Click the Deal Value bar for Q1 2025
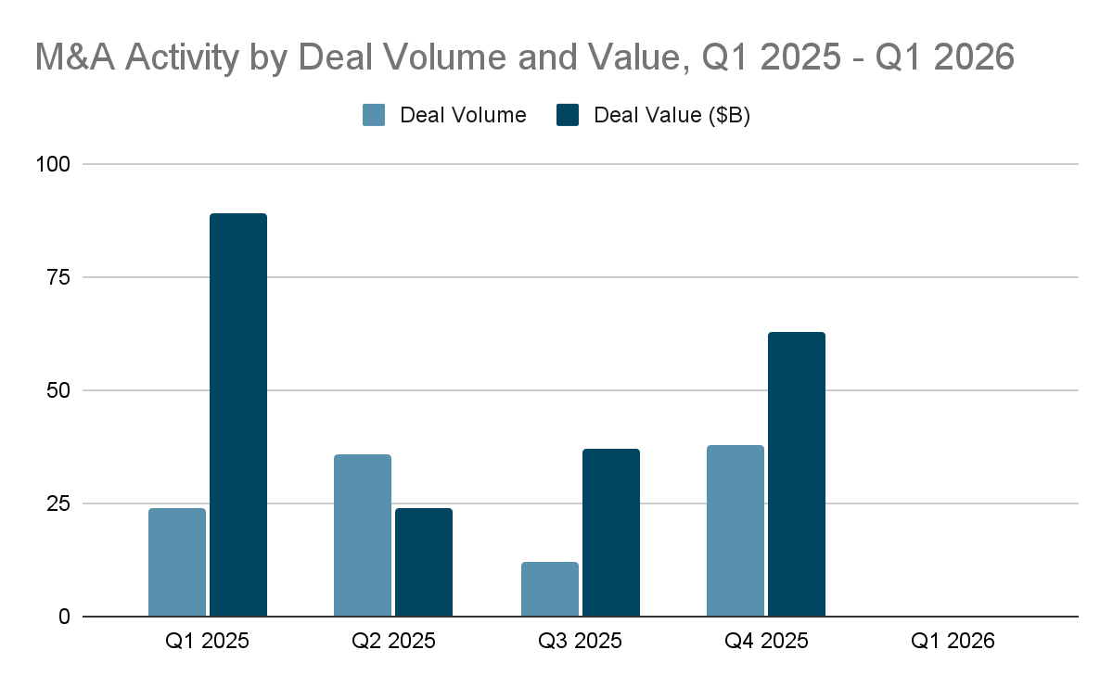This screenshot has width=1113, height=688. [238, 415]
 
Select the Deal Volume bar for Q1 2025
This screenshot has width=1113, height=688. [177, 562]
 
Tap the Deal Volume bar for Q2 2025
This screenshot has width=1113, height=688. [363, 535]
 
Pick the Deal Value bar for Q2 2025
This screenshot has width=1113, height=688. [424, 562]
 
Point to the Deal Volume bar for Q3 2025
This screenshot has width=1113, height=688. [550, 589]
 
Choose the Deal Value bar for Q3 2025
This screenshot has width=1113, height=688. [611, 532]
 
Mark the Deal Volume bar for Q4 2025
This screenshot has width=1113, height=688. [736, 530]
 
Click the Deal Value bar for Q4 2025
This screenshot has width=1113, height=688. [797, 474]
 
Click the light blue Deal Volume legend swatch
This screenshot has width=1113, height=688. [374, 115]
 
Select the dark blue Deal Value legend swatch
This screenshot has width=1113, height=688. [567, 115]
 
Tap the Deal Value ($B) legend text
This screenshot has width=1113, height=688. [672, 115]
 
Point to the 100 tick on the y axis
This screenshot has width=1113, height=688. [52, 164]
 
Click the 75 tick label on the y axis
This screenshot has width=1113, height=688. [57, 277]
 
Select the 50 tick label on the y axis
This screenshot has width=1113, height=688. [57, 390]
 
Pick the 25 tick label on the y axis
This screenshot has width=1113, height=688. [57, 503]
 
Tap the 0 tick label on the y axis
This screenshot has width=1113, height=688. [64, 617]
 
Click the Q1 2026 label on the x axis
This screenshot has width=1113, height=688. [953, 641]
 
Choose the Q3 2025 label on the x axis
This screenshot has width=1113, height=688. [581, 641]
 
